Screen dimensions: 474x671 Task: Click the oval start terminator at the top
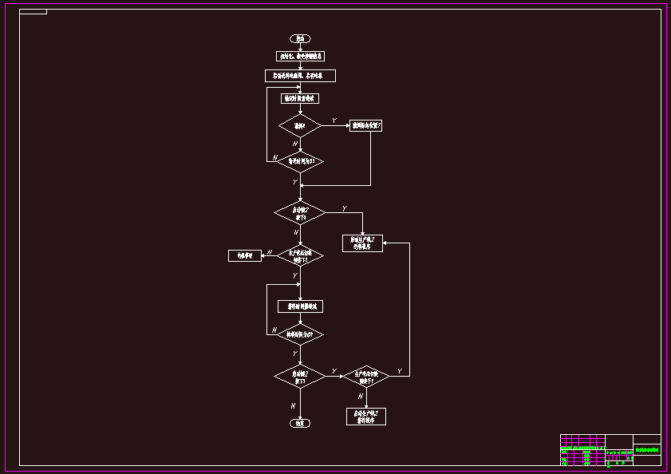point(300,38)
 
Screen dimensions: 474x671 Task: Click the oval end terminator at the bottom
point(299,423)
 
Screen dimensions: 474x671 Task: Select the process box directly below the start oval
point(300,56)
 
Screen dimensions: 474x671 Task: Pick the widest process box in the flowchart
point(300,76)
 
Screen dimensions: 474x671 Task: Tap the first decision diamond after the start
point(300,125)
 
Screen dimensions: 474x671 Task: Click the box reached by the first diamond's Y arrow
point(365,125)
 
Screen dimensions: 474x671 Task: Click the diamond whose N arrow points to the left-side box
point(300,255)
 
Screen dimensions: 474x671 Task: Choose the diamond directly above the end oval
point(300,375)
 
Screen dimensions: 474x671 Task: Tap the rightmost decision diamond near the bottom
point(366,375)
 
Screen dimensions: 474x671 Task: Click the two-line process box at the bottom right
point(366,416)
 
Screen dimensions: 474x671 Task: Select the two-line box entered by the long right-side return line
point(363,243)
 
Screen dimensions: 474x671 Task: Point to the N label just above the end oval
point(293,405)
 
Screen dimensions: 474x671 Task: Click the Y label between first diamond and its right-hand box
point(334,120)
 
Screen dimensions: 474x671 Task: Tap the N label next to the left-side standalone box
point(270,252)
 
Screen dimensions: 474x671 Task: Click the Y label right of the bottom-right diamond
point(399,371)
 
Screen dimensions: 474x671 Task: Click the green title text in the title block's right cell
point(647,450)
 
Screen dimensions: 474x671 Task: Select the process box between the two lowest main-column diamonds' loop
point(300,306)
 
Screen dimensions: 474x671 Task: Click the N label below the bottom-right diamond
point(360,395)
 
